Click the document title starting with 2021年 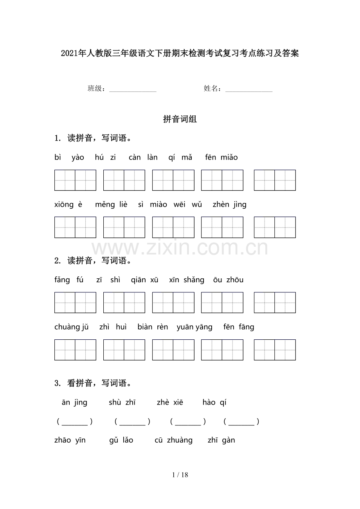[180, 54]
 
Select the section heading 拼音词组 [180, 120]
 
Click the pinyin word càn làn [143, 158]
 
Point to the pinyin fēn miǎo [221, 158]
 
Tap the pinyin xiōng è [68, 204]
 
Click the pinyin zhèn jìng [230, 204]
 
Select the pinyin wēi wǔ [188, 204]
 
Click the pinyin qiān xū [145, 280]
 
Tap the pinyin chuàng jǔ [72, 327]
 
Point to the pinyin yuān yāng [194, 327]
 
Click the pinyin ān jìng [74, 403]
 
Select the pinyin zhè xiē [170, 403]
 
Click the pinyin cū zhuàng [174, 441]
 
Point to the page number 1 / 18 [180, 475]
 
